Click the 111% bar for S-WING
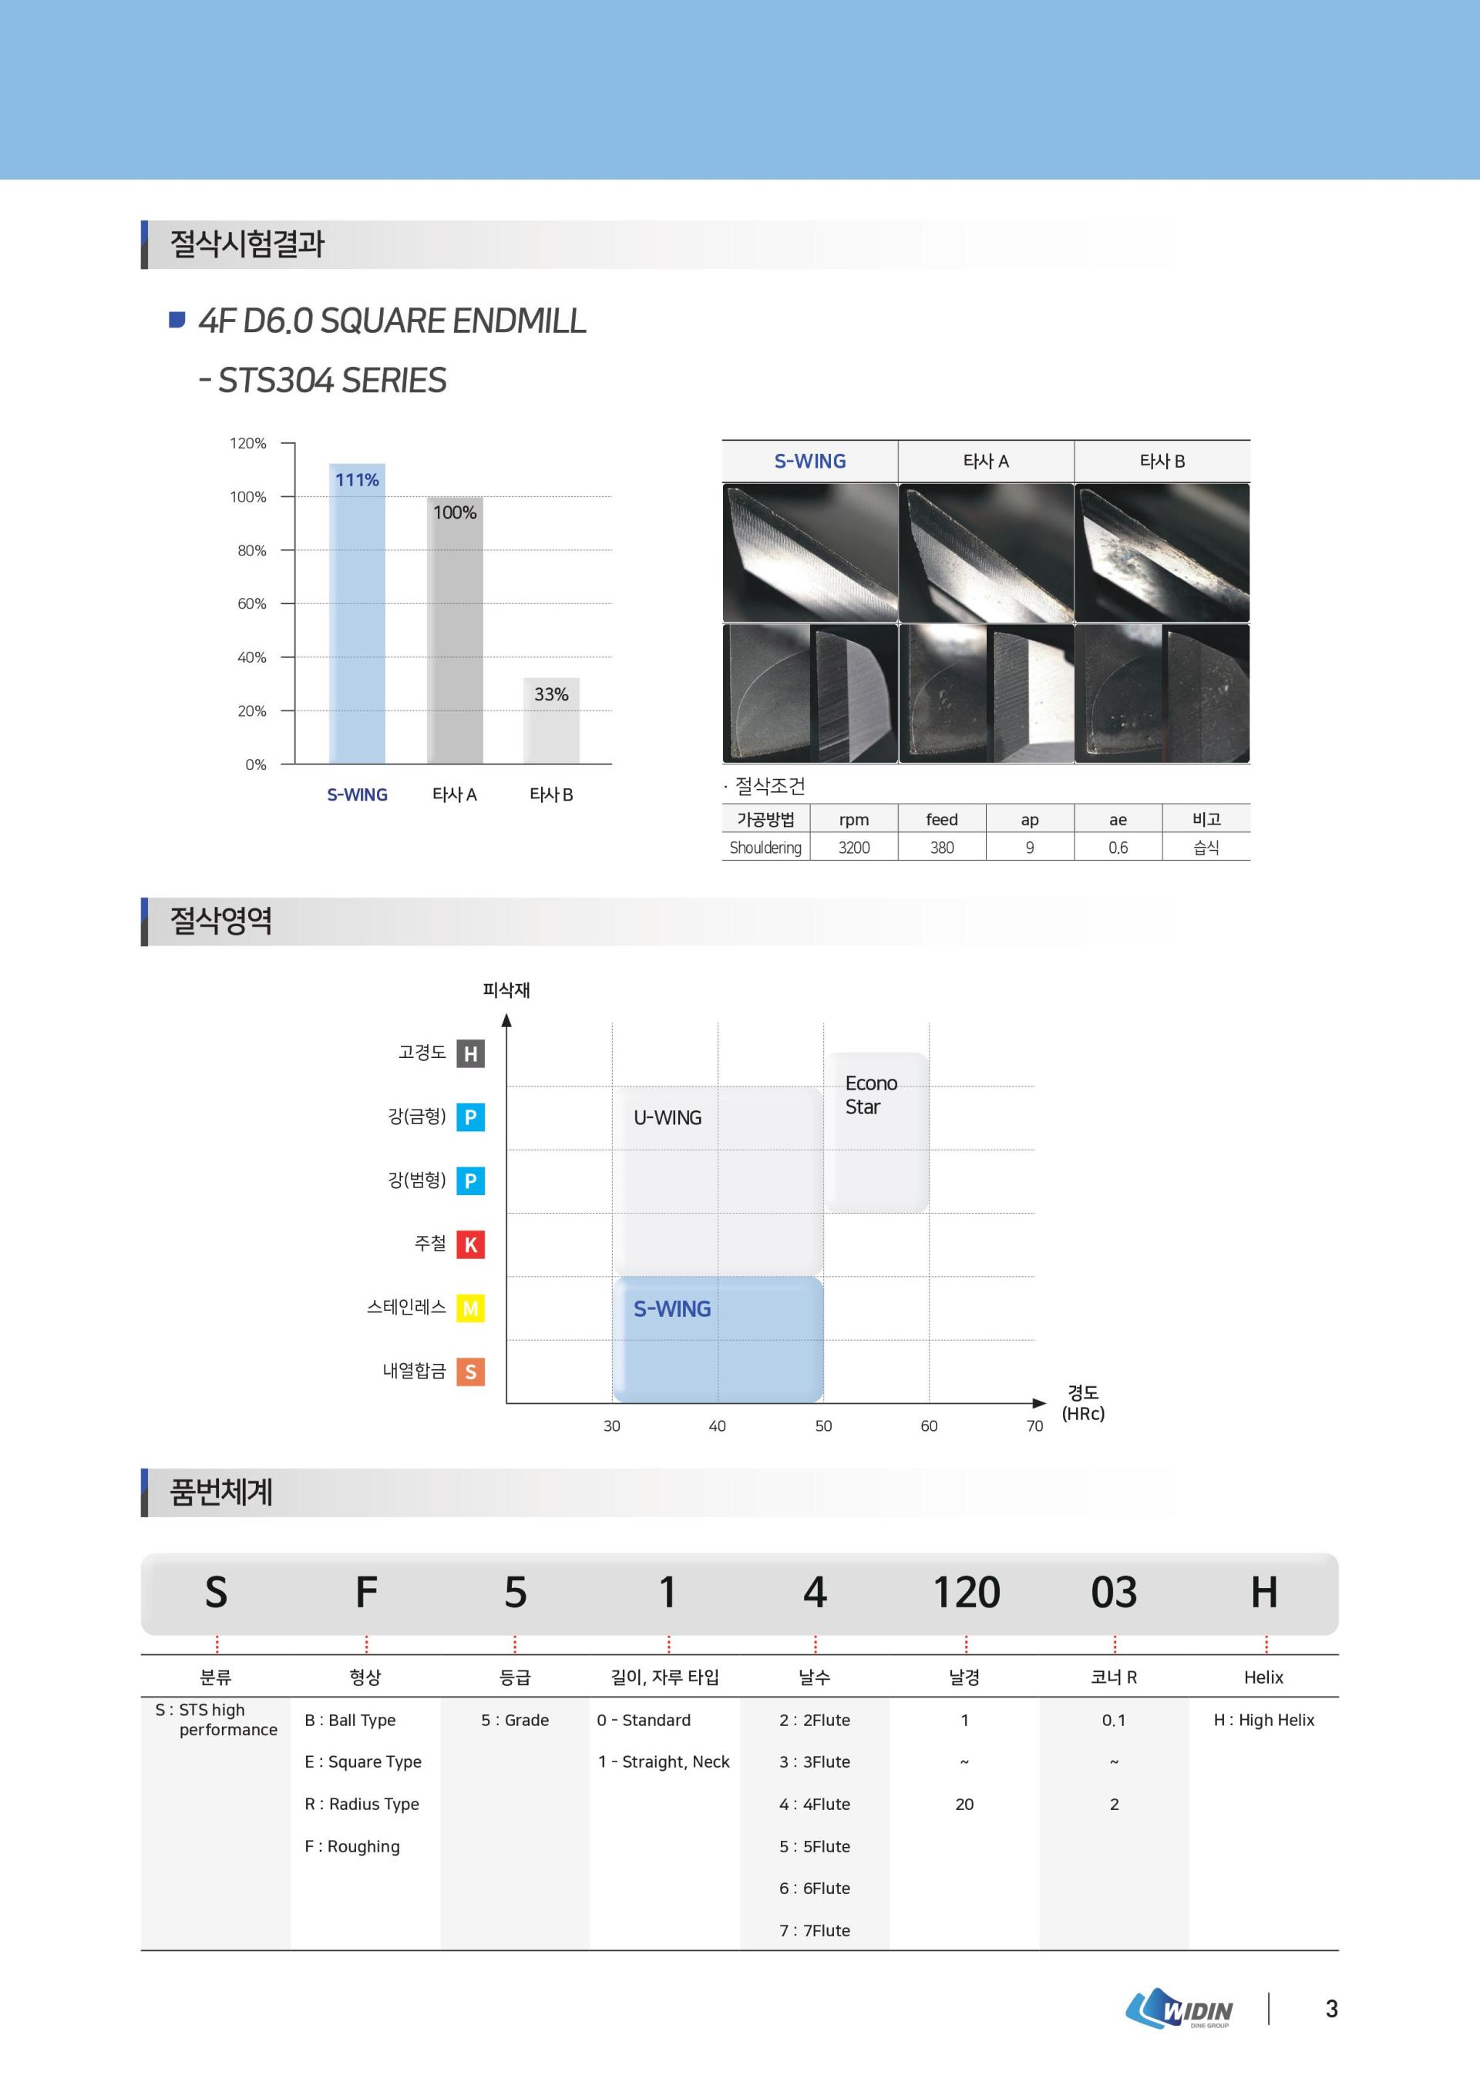click(357, 613)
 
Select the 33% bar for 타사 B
click(551, 720)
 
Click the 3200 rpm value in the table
click(854, 848)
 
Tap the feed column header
click(941, 819)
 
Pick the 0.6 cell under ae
click(1117, 848)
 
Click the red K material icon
click(470, 1244)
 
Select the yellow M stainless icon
click(470, 1308)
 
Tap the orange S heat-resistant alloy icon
click(470, 1372)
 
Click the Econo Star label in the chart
click(871, 1094)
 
